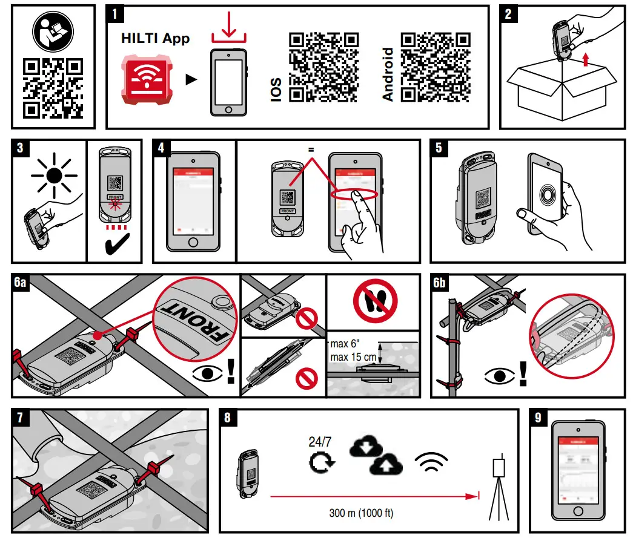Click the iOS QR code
click(322, 67)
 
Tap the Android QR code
click(435, 67)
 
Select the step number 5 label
click(440, 149)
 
